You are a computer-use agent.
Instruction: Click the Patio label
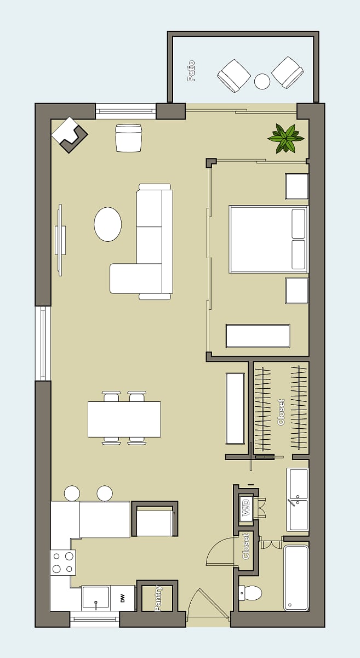[191, 71]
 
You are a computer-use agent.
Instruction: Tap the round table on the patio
[262, 81]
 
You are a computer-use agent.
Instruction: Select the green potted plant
[285, 138]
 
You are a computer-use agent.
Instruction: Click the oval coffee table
[108, 224]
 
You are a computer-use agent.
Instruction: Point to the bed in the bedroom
[268, 240]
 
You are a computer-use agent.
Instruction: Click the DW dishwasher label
[123, 598]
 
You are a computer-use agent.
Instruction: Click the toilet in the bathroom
[250, 593]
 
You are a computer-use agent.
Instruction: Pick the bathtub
[296, 578]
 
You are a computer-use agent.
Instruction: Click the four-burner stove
[63, 563]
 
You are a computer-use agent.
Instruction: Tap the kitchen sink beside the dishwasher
[96, 598]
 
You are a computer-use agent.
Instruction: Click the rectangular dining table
[124, 419]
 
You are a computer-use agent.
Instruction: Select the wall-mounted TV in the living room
[60, 240]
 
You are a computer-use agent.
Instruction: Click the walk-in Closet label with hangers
[281, 412]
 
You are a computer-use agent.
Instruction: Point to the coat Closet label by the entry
[246, 546]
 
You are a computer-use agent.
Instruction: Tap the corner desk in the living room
[69, 135]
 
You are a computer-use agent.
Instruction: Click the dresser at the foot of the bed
[258, 336]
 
